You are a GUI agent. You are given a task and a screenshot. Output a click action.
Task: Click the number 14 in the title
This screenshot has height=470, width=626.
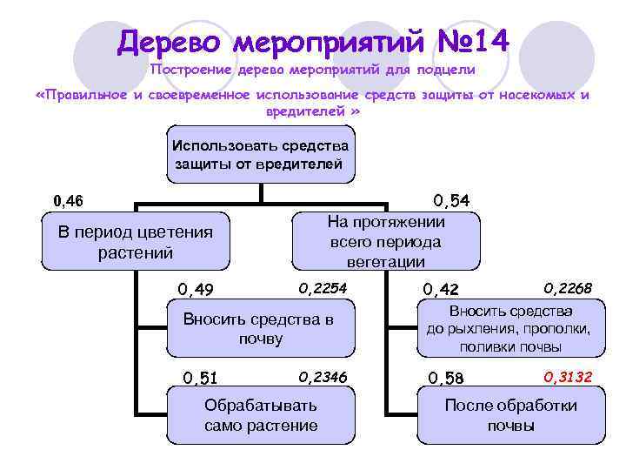(489, 41)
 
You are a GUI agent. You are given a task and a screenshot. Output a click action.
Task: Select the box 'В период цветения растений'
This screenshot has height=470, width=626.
(135, 242)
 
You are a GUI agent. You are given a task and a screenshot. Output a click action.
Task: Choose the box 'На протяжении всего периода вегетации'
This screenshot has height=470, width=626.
(386, 241)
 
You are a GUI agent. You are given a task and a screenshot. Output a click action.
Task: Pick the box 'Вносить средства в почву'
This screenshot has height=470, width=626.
(260, 328)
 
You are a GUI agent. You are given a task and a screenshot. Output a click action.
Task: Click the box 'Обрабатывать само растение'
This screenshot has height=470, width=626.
(260, 415)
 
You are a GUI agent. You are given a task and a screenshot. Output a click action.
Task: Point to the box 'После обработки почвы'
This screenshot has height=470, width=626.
(510, 415)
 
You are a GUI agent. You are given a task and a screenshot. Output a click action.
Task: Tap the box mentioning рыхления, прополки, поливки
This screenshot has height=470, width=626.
(510, 328)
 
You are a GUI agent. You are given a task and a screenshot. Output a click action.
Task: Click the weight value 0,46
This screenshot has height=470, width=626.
(68, 201)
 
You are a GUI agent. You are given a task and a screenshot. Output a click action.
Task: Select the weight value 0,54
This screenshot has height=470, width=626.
(450, 201)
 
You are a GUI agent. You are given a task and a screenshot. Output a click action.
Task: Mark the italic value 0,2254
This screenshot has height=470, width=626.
(323, 287)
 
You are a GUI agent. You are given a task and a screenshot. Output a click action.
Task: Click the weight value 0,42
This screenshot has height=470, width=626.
(440, 289)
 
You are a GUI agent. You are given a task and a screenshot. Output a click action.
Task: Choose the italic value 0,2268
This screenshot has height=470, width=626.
(568, 287)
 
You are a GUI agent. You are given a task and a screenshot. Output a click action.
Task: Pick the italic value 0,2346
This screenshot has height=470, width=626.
(323, 376)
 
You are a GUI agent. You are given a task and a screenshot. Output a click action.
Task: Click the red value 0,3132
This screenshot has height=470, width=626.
(568, 376)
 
